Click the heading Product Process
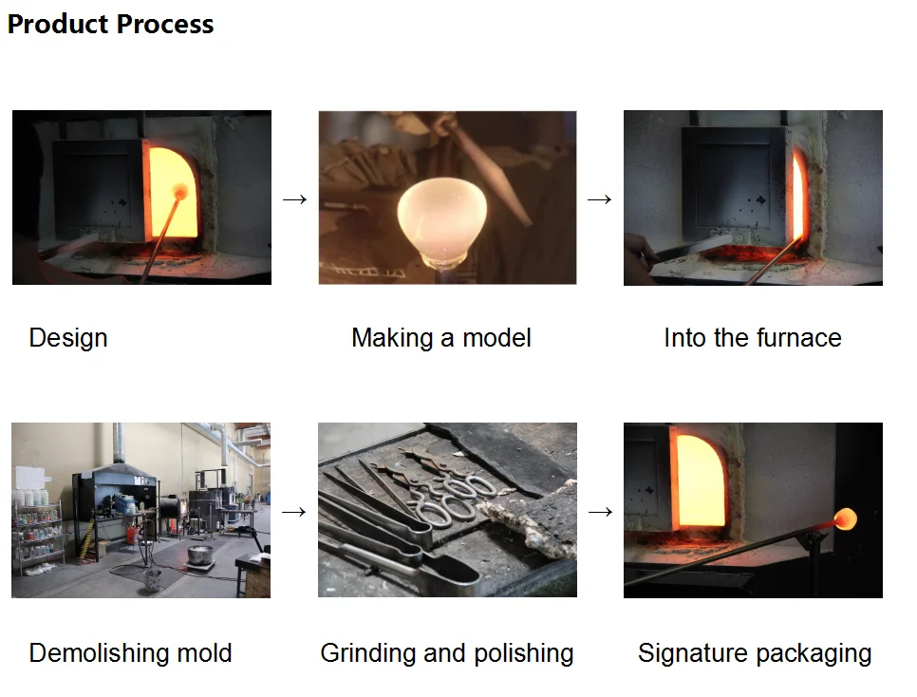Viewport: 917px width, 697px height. [110, 25]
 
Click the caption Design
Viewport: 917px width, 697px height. [68, 338]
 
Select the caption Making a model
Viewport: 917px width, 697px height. [441, 338]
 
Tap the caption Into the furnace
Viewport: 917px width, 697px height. [753, 338]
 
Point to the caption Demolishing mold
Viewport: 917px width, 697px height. [130, 652]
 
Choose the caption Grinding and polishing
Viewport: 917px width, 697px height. [447, 653]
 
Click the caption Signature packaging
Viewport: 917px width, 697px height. [755, 653]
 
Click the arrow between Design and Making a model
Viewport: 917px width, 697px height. [294, 199]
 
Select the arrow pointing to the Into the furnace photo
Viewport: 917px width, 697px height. [599, 199]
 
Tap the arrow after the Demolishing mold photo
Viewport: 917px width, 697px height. [294, 512]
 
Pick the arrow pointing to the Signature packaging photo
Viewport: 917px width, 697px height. [600, 512]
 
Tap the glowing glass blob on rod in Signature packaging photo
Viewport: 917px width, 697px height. [845, 519]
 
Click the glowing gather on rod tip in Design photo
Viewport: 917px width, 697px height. [179, 190]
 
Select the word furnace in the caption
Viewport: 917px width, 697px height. [799, 338]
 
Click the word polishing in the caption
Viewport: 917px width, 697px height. [523, 653]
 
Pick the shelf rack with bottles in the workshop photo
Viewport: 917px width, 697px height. [38, 530]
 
